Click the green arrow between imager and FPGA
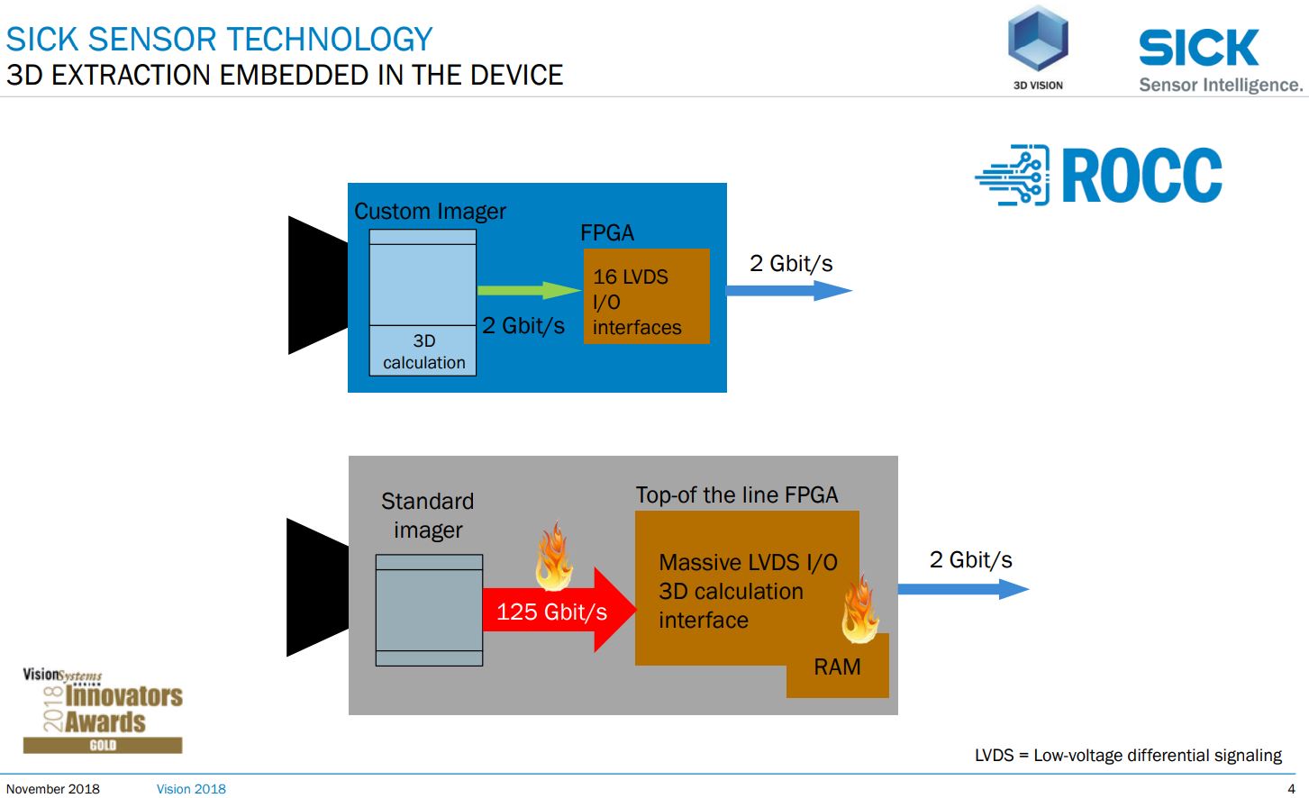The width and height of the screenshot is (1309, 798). pyautogui.click(x=527, y=290)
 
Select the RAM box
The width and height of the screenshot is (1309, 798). pyautogui.click(x=838, y=667)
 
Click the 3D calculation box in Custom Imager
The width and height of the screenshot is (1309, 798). pyautogui.click(x=423, y=351)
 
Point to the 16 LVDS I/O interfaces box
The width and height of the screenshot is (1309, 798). pyautogui.click(x=646, y=297)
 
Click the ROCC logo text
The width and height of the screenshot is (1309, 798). pyautogui.click(x=1141, y=176)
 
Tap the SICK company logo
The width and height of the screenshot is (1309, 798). pyautogui.click(x=1198, y=48)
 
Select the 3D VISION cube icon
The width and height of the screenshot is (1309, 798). pyautogui.click(x=1038, y=41)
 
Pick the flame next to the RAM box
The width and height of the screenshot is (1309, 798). pyautogui.click(x=860, y=612)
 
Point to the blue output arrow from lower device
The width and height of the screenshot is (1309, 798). pyautogui.click(x=961, y=589)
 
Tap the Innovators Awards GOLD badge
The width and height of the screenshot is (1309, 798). pyautogui.click(x=103, y=712)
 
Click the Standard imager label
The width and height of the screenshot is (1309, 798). pyautogui.click(x=428, y=515)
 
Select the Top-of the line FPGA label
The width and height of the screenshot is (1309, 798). pyautogui.click(x=737, y=495)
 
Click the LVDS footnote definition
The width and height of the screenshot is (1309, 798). pyautogui.click(x=1127, y=755)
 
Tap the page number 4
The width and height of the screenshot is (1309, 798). pyautogui.click(x=1291, y=789)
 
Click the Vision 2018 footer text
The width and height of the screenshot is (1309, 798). pyautogui.click(x=191, y=789)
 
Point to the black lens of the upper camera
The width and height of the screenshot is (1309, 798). pyautogui.click(x=315, y=286)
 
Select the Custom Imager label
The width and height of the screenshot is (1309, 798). pyautogui.click(x=430, y=212)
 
